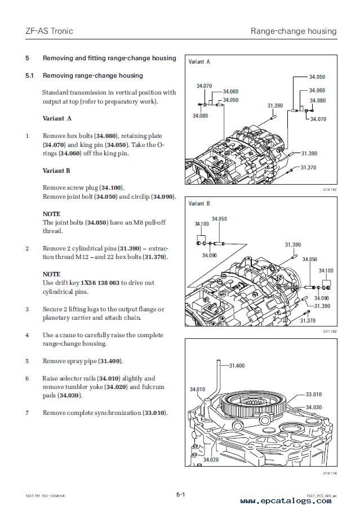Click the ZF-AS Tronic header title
(49, 31)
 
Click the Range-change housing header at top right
(293, 31)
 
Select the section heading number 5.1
(30, 75)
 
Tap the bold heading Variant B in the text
(56, 171)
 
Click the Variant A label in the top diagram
(199, 61)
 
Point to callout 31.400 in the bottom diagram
(237, 366)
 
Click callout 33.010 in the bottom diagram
(314, 395)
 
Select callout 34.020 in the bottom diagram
(211, 460)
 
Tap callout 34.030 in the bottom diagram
(314, 407)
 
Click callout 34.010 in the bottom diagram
(197, 389)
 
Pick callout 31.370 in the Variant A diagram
(308, 167)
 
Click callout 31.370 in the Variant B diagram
(308, 320)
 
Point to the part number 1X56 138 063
(100, 283)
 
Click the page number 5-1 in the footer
(180, 495)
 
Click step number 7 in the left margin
(26, 413)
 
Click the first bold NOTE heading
(51, 214)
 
